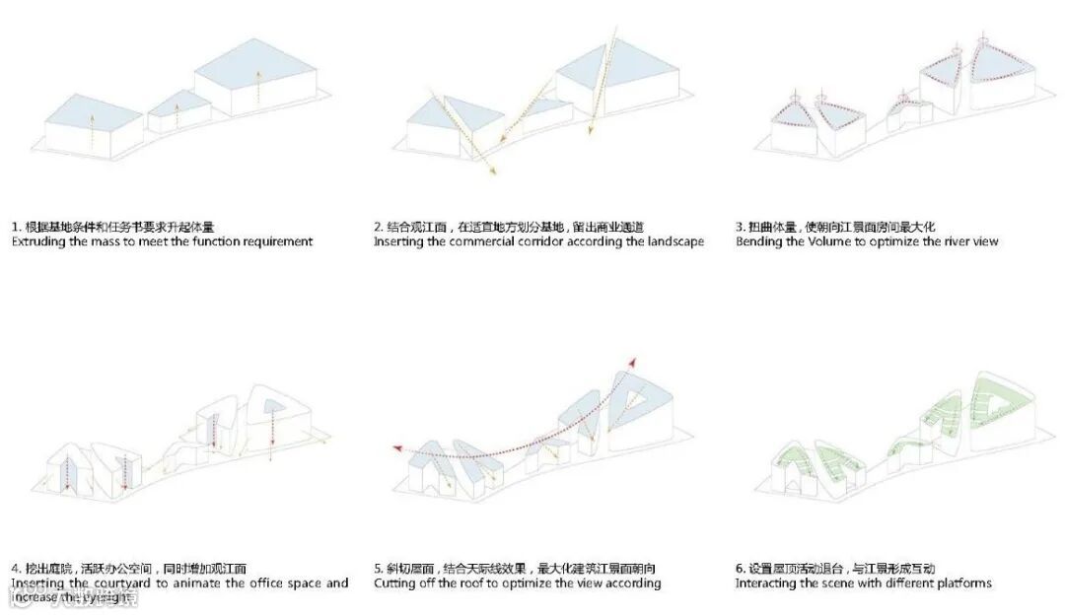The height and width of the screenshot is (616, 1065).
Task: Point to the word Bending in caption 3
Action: click(x=759, y=241)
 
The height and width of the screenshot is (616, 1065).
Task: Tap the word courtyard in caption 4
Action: click(x=141, y=583)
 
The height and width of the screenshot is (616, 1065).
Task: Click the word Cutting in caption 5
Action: click(x=396, y=583)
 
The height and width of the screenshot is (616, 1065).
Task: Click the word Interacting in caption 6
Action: click(x=768, y=583)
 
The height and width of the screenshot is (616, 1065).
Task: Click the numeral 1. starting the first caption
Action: click(x=16, y=227)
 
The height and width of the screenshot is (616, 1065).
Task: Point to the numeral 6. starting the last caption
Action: click(x=740, y=569)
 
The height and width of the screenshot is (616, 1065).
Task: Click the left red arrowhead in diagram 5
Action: click(x=397, y=448)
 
